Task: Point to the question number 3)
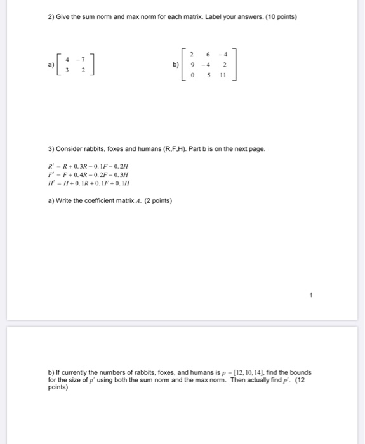point(51,149)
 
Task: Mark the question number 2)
point(51,16)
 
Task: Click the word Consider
point(71,149)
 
